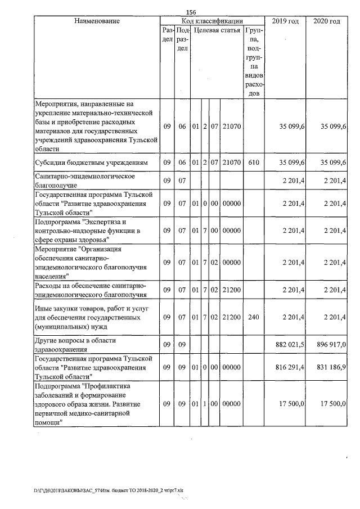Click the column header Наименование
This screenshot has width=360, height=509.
[x=97, y=21]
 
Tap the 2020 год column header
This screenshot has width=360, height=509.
[x=326, y=21]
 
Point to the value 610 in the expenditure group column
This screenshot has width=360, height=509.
[x=253, y=163]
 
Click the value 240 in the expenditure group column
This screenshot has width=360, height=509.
[x=253, y=317]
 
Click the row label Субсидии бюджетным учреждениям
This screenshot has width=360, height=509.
[x=91, y=163]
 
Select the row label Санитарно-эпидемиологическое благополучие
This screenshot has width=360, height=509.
[x=82, y=180]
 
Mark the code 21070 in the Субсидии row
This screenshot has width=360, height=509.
[x=231, y=163]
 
